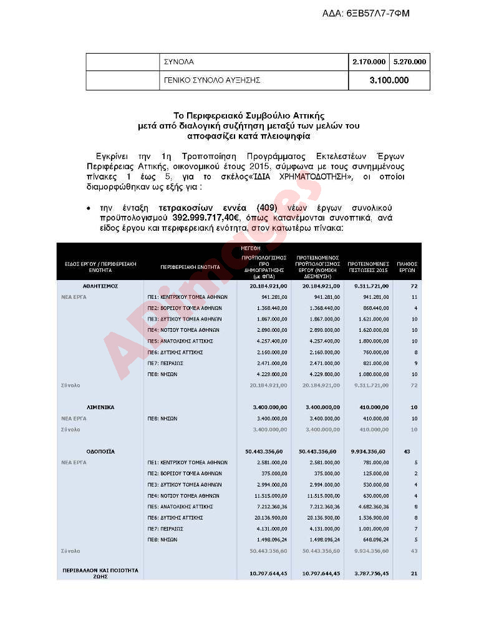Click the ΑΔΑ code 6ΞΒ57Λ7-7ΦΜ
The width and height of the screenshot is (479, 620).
tap(366, 13)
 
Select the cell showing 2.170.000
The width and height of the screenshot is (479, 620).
tap(369, 62)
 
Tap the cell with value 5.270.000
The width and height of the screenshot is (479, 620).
tap(410, 62)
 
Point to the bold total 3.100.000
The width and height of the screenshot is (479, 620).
tap(389, 80)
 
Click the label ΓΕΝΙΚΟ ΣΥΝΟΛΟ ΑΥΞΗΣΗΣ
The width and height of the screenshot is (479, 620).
tap(212, 80)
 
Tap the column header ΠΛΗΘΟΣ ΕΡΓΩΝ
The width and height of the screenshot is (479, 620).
tap(407, 267)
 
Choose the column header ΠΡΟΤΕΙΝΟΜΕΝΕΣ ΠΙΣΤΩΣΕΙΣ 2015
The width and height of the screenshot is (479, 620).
tap(368, 267)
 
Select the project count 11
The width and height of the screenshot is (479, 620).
tap(414, 297)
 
